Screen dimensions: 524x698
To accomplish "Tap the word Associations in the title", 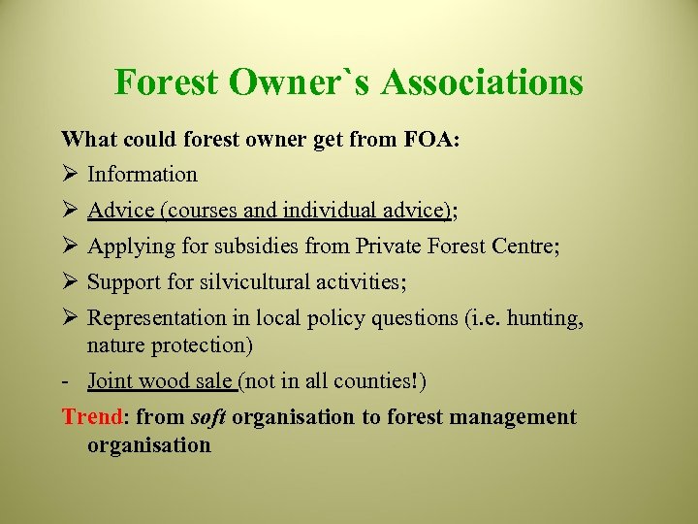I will [x=482, y=82].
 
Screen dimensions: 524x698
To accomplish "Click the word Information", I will [x=142, y=175].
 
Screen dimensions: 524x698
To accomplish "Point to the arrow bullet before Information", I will [x=70, y=175].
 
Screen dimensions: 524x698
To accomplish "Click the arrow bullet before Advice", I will [x=70, y=211].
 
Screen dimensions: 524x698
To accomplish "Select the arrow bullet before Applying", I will [x=70, y=246].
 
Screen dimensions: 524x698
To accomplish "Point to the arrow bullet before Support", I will [x=70, y=282].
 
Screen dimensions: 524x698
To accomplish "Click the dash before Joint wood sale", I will [x=66, y=381].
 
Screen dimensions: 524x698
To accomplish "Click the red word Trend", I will [x=92, y=417].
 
